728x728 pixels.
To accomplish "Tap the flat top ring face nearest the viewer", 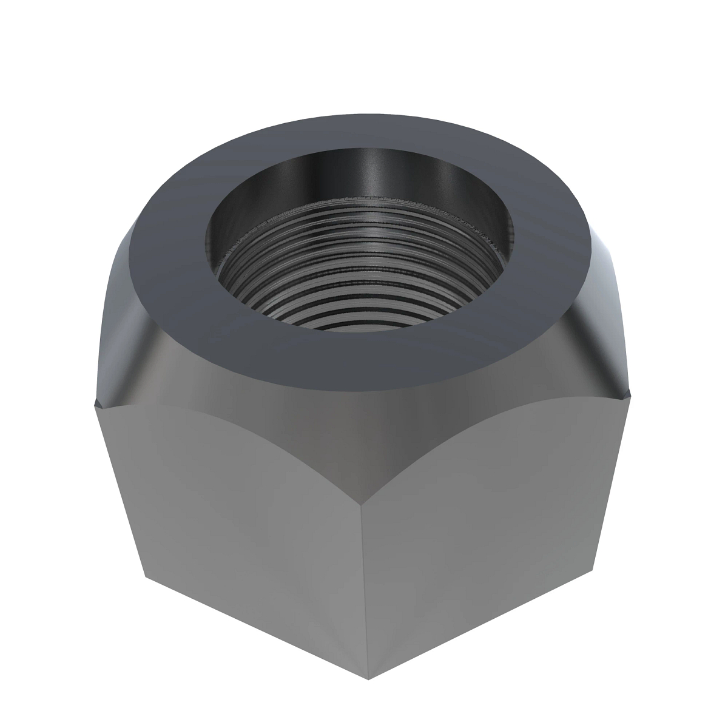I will coord(358,364).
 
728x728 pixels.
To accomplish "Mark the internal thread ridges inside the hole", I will coord(358,291).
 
